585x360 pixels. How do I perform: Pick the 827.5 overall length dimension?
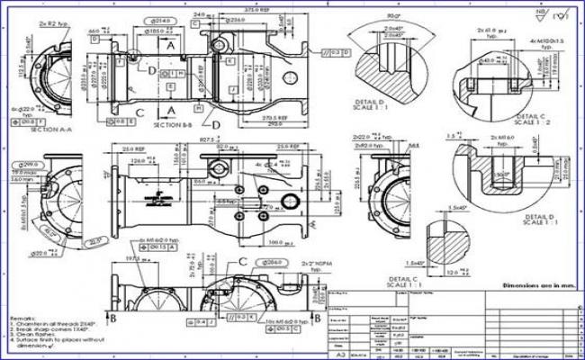coord(208,141)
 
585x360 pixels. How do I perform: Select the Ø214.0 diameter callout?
coord(163,19)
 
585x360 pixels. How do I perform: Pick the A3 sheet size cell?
coord(337,354)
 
